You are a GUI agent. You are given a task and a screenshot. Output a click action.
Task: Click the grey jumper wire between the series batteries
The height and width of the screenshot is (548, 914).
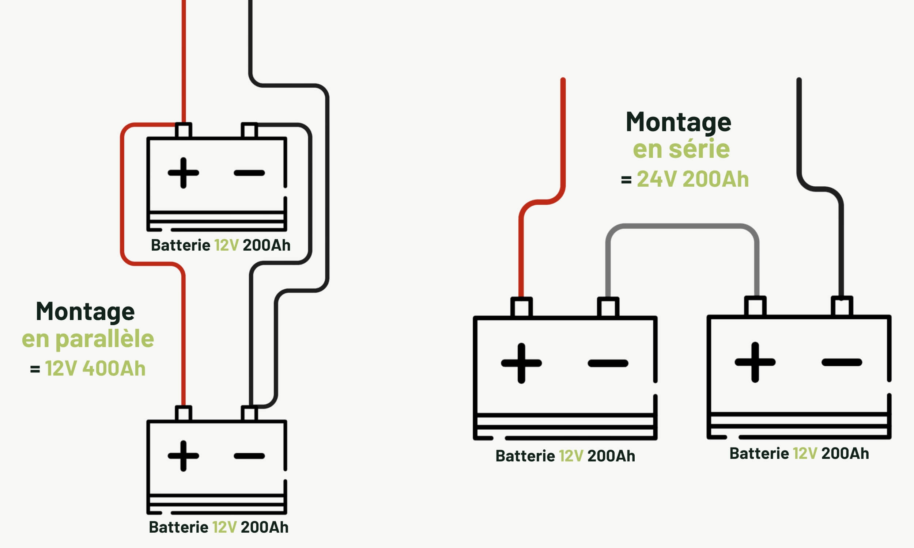click(x=682, y=226)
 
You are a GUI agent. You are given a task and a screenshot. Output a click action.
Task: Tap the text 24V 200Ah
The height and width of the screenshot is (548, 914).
click(x=692, y=179)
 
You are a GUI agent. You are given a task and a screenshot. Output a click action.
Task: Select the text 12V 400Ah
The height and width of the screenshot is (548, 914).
click(x=95, y=369)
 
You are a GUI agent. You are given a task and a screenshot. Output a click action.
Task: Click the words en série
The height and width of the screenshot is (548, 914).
click(x=681, y=149)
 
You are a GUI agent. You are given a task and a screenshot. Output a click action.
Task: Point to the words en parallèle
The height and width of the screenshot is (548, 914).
click(x=88, y=339)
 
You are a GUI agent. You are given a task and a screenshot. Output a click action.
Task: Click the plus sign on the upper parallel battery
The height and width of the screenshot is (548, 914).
click(x=183, y=173)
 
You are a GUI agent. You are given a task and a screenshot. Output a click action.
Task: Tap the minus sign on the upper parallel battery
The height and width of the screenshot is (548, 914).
click(x=249, y=173)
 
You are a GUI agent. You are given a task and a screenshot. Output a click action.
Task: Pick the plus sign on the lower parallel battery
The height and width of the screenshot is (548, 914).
click(x=183, y=456)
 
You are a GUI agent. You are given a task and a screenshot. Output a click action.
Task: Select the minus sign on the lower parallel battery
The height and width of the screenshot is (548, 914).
click(x=249, y=456)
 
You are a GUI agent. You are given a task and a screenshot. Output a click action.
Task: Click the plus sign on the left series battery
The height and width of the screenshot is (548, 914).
click(x=521, y=364)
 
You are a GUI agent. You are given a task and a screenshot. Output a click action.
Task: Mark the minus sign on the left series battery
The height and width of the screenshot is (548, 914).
click(x=608, y=364)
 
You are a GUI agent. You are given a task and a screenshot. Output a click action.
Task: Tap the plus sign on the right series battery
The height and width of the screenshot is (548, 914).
click(x=755, y=362)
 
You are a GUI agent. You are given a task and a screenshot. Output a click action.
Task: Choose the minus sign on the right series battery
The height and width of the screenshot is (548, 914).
click(x=842, y=362)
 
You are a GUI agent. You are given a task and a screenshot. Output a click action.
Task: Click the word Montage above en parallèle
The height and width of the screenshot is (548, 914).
click(x=85, y=312)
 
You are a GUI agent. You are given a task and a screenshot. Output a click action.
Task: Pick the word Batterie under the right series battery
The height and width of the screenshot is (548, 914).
click(x=759, y=453)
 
